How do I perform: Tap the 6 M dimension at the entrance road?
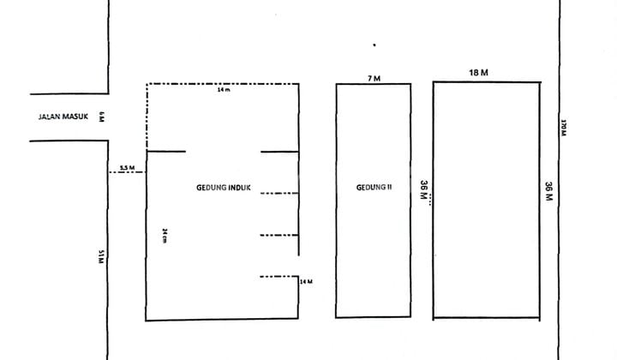coord(100,117)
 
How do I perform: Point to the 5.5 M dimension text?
coord(128,167)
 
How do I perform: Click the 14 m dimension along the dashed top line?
coord(224,90)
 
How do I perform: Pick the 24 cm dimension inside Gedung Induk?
coord(164,236)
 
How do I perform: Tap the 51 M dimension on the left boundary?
coord(100,255)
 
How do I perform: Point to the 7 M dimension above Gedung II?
coord(374,78)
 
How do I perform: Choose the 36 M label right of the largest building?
coord(548,190)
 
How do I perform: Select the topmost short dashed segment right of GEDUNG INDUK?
coord(278,194)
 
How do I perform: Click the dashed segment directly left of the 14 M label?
coord(278,276)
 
